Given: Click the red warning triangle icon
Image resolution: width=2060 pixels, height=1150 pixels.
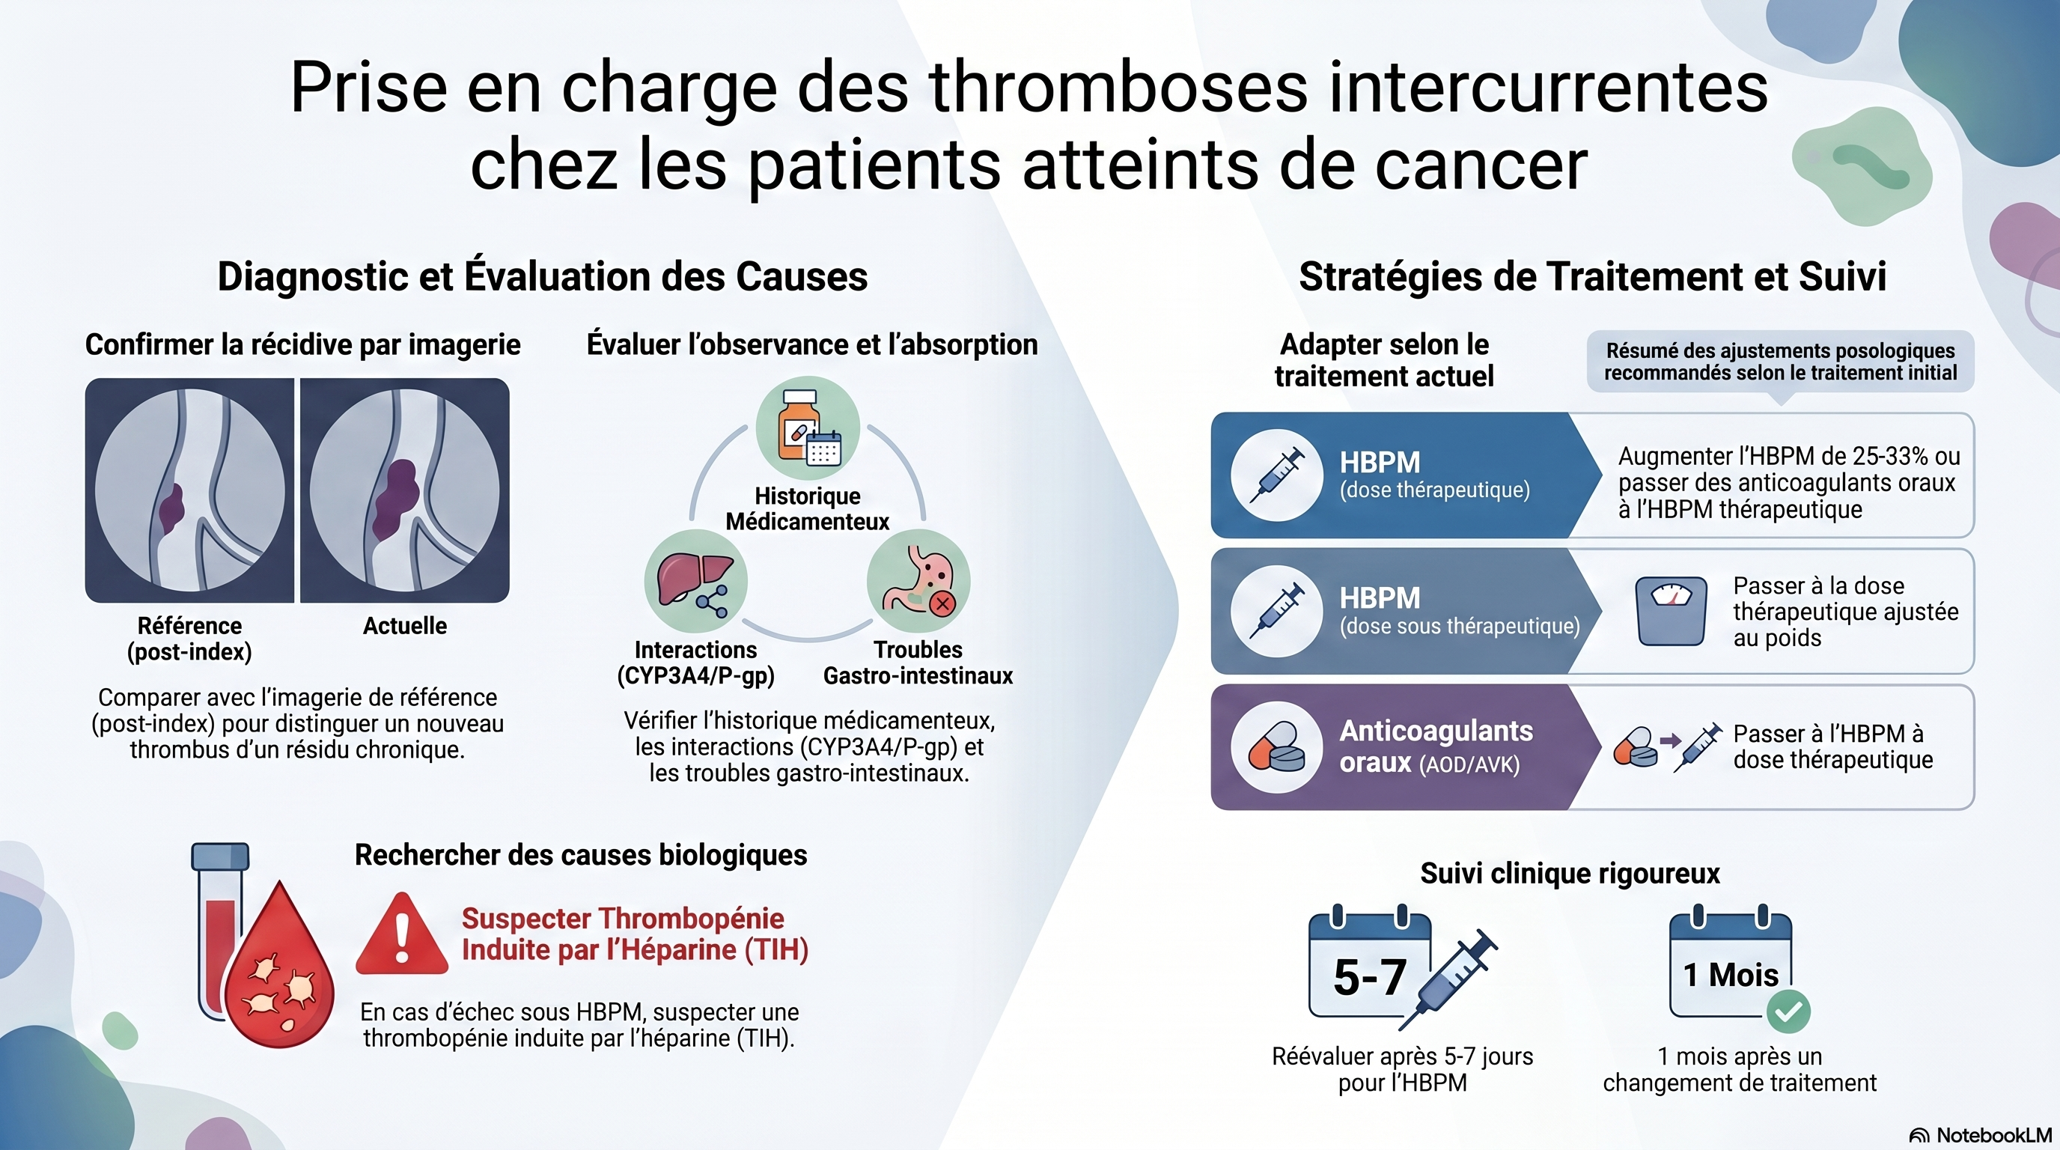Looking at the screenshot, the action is (401, 936).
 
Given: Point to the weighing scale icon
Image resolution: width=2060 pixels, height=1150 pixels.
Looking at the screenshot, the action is (1672, 611).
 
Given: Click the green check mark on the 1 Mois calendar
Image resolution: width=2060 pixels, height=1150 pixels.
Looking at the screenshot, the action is (1788, 1011).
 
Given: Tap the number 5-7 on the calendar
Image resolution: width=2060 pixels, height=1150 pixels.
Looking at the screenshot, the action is (1370, 977).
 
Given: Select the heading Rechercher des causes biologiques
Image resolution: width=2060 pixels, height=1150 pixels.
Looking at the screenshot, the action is (581, 855).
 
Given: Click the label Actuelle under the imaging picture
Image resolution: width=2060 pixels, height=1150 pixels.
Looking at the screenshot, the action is (405, 625).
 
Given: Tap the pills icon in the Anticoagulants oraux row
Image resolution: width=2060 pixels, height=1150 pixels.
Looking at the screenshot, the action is (1276, 747).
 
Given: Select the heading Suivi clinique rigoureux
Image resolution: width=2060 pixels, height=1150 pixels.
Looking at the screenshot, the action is (1570, 873).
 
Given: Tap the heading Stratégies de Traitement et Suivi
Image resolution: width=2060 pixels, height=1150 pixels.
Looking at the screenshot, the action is (1593, 277).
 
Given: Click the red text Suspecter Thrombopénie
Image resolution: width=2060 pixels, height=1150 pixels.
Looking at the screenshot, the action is (623, 918).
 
